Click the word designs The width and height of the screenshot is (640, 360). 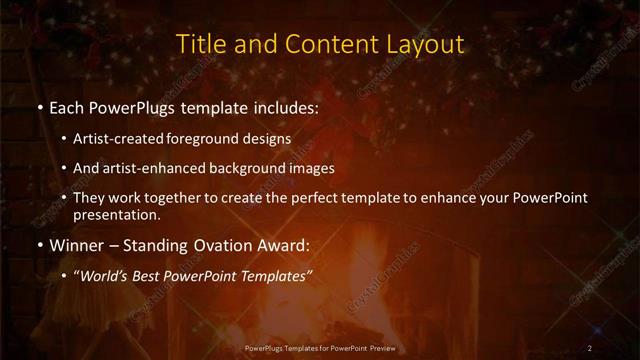pyautogui.click(x=269, y=140)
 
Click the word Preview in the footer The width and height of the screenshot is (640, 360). pyautogui.click(x=380, y=347)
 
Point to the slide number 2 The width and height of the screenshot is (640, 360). pyautogui.click(x=591, y=347)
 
